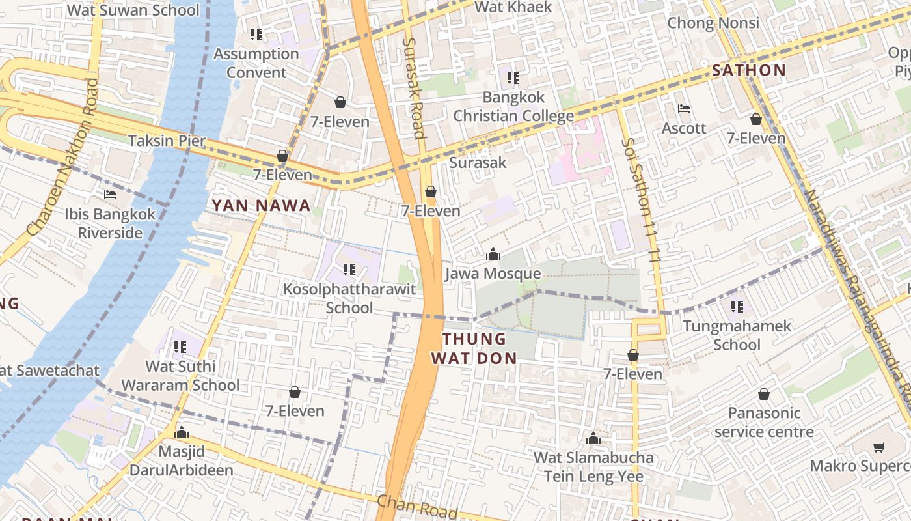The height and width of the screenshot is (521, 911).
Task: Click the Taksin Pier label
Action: pyautogui.click(x=167, y=141)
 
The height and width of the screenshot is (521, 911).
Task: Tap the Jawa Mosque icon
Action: pyautogui.click(x=493, y=254)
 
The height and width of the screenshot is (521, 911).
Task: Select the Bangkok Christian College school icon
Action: pyautogui.click(x=513, y=78)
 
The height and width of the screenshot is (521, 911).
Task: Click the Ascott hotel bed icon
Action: pyautogui.click(x=683, y=109)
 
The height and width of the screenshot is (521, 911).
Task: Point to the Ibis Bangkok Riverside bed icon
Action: pyautogui.click(x=110, y=195)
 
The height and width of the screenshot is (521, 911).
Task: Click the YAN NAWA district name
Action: pyautogui.click(x=261, y=206)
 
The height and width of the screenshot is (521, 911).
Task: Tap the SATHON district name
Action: pyautogui.click(x=748, y=70)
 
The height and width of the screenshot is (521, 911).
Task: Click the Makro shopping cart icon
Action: pyautogui.click(x=879, y=447)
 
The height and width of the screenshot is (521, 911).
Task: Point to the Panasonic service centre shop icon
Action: pyautogui.click(x=764, y=394)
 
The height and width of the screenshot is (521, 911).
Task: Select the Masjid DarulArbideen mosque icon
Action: pyautogui.click(x=182, y=432)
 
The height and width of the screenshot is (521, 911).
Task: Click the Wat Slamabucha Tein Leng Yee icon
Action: pyautogui.click(x=593, y=438)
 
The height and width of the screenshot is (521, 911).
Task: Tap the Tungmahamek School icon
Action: pyautogui.click(x=737, y=306)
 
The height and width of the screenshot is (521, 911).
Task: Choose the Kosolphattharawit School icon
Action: pyautogui.click(x=349, y=269)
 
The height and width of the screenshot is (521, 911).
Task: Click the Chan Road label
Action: pyautogui.click(x=417, y=507)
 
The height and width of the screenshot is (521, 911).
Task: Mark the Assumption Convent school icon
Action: pyautogui.click(x=256, y=34)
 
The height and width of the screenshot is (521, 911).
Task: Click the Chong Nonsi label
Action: pyautogui.click(x=713, y=23)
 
